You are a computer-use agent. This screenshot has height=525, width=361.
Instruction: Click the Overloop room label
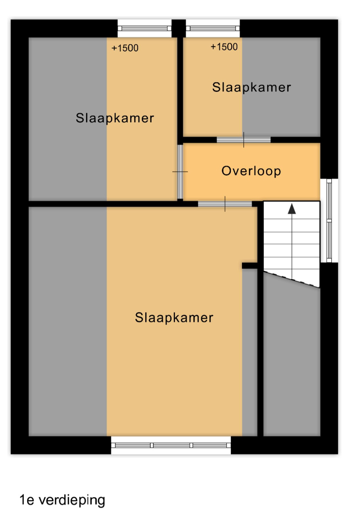251,171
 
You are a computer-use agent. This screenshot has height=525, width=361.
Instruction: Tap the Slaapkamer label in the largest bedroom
174,317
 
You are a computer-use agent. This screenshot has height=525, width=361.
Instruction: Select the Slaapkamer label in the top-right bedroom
252,87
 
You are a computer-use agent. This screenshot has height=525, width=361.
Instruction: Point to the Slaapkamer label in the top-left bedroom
115,118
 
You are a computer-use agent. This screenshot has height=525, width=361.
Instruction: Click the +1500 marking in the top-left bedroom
125,48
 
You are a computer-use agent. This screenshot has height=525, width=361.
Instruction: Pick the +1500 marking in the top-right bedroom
224,47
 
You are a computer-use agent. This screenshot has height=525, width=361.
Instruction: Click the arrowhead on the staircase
292,209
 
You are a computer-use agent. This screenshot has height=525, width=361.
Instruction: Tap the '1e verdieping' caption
62,500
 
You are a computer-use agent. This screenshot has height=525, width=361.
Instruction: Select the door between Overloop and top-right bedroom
243,140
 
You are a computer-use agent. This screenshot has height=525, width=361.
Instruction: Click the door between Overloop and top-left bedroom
180,172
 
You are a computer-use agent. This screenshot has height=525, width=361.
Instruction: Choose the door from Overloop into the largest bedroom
225,204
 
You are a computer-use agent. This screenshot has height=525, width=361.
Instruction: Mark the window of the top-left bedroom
144,29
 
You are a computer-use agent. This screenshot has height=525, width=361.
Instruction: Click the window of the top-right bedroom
213,29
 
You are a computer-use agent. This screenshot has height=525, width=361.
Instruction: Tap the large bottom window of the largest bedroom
171,445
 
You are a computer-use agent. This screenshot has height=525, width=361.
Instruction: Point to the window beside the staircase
329,221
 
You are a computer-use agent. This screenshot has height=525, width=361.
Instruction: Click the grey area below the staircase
292,358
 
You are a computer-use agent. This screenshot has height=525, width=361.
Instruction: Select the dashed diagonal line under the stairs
292,280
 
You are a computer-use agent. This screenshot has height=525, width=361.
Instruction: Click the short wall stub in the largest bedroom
250,265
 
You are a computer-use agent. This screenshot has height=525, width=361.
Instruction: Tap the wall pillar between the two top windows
179,28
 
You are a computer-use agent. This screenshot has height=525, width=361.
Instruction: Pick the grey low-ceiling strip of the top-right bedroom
281,87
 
